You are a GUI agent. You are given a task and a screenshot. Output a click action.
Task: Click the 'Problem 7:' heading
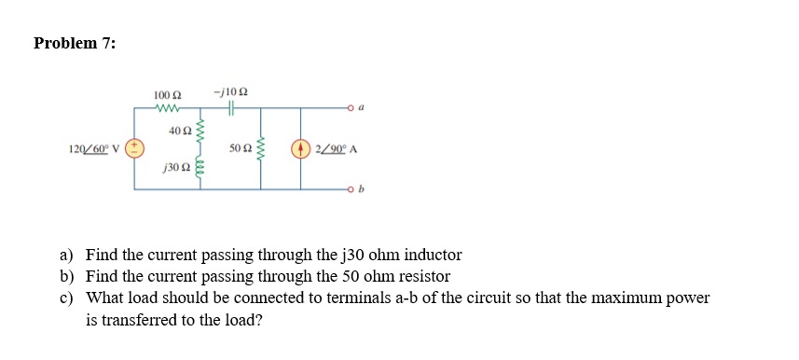coord(75,43)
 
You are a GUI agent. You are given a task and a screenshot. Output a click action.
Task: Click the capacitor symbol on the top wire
coord(230,109)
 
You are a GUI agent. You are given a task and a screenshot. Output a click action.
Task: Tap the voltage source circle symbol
coord(134,148)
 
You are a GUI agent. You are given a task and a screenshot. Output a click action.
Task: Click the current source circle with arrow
coord(301,148)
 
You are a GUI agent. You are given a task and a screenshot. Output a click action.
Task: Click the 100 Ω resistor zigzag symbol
coord(168,109)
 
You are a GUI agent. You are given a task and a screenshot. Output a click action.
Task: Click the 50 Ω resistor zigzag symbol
coord(261,148)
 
